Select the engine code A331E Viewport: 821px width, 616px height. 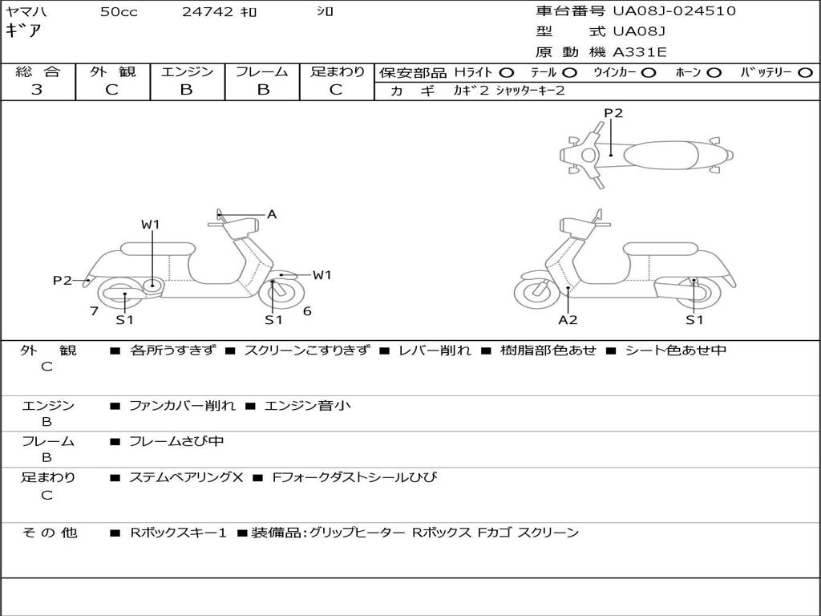tap(639, 52)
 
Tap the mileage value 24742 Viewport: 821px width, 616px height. tap(208, 11)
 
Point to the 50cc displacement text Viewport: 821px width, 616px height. tap(119, 11)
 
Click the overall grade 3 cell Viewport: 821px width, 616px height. tap(37, 90)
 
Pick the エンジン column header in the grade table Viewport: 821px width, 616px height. tap(187, 71)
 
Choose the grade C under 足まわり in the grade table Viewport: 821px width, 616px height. tap(336, 90)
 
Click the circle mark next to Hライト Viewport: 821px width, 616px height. tap(507, 72)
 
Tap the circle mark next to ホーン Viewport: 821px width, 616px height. tap(714, 72)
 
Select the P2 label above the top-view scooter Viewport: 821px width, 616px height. tap(613, 113)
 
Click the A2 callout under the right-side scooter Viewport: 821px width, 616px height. tap(568, 320)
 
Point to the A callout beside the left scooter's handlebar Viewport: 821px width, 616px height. tap(272, 214)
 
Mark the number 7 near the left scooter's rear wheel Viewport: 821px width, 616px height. tap(94, 310)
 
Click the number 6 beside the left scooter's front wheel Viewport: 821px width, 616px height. tap(307, 310)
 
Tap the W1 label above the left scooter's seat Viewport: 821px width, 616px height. tap(151, 225)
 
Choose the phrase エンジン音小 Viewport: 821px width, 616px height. tap(307, 406)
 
